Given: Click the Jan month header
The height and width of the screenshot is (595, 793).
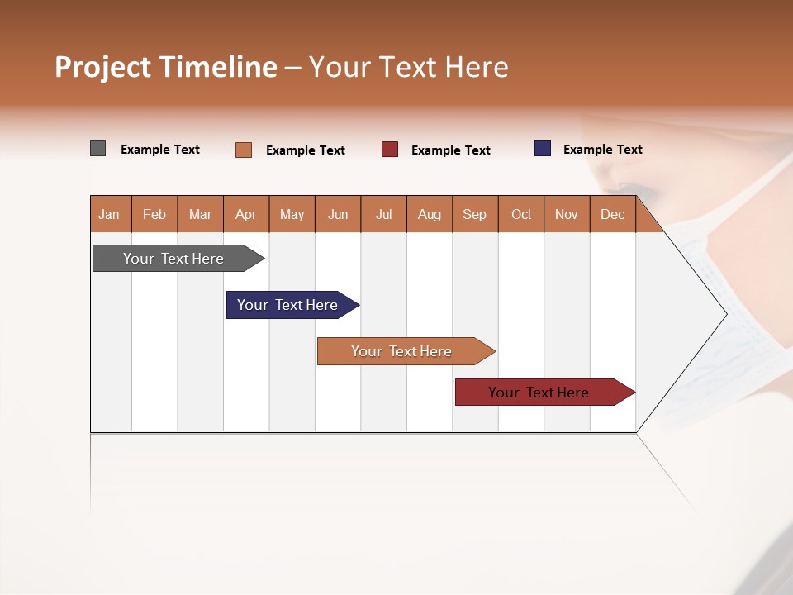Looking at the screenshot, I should pyautogui.click(x=109, y=214).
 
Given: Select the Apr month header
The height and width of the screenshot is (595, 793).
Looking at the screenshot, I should pyautogui.click(x=246, y=214).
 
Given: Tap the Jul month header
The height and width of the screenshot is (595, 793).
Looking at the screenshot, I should pyautogui.click(x=383, y=214).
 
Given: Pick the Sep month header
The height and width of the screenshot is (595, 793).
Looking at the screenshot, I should pyautogui.click(x=474, y=214).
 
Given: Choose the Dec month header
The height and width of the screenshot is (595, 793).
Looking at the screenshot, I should pyautogui.click(x=612, y=214).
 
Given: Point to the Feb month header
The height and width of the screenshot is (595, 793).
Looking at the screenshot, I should pyautogui.click(x=154, y=214).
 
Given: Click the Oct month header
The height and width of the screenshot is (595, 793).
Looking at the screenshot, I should pyautogui.click(x=521, y=214).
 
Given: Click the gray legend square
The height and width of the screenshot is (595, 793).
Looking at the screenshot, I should pyautogui.click(x=98, y=149).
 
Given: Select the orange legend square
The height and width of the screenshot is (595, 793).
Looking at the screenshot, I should pyautogui.click(x=244, y=150).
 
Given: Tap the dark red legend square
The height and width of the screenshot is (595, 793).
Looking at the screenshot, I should pyautogui.click(x=390, y=150).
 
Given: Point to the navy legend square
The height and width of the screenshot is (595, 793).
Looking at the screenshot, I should pyautogui.click(x=543, y=149).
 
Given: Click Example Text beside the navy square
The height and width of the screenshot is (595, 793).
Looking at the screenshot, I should pyautogui.click(x=602, y=150).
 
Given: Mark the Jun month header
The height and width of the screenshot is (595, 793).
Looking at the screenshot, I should pyautogui.click(x=338, y=214).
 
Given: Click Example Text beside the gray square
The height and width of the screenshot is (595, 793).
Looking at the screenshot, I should pyautogui.click(x=160, y=150).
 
